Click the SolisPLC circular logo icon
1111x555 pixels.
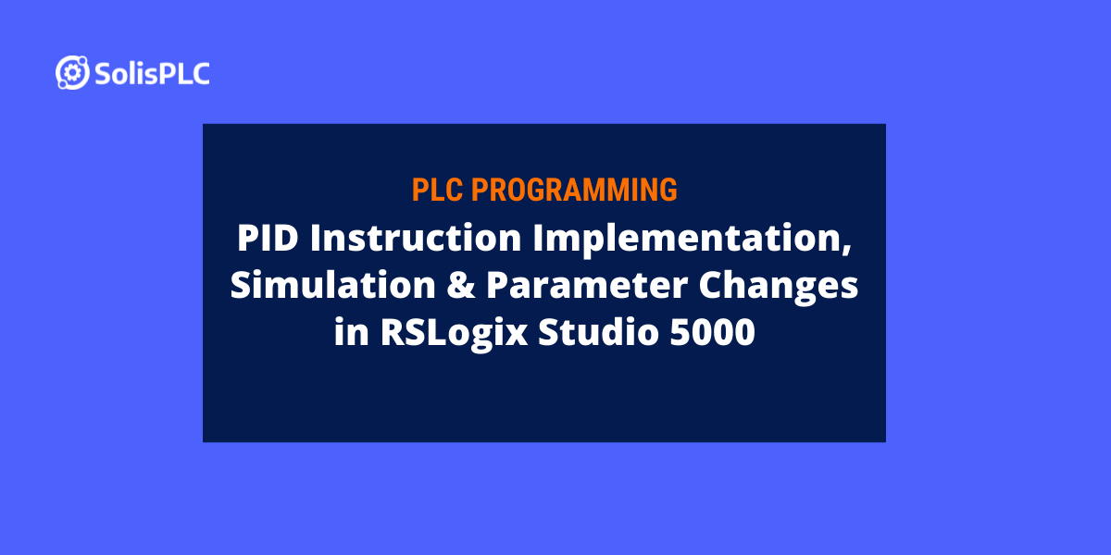pyautogui.click(x=72, y=72)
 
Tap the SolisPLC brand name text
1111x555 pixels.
pyautogui.click(x=152, y=73)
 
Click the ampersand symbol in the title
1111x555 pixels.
pyautogui.click(x=463, y=287)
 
